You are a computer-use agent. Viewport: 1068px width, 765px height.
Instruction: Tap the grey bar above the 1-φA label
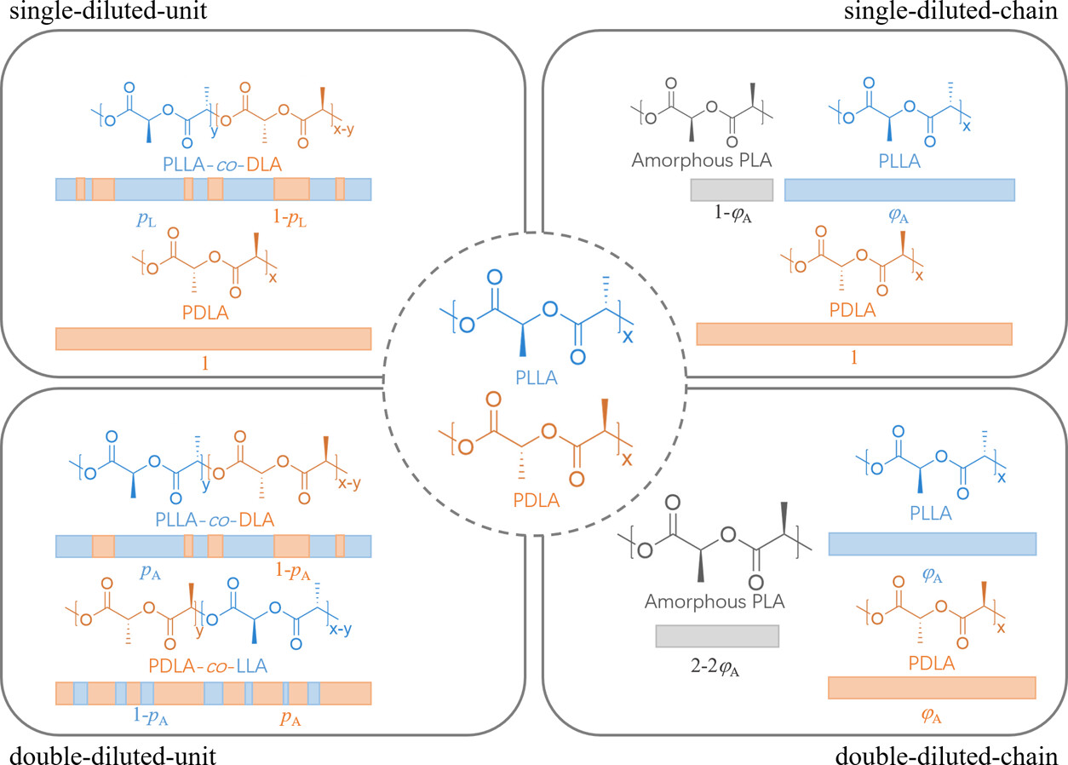[732, 190]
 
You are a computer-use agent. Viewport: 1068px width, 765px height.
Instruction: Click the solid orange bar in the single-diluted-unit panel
[213, 338]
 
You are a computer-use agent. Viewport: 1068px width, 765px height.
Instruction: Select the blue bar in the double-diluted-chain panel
[932, 544]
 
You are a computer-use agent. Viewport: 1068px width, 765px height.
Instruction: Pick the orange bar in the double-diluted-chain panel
[932, 687]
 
